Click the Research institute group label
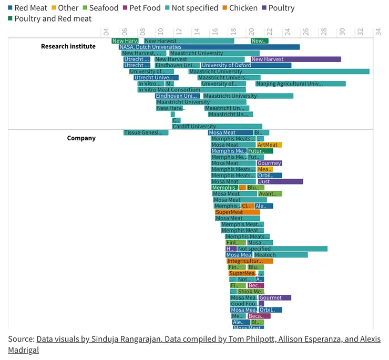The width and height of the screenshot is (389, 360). pos(68,46)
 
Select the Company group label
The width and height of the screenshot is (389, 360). pos(81,138)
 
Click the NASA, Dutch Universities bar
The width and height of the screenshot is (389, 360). pos(209,47)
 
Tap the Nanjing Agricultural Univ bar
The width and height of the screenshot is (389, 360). pos(300,84)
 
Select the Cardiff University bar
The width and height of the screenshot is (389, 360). pos(217,127)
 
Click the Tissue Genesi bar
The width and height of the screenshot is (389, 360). pos(146,132)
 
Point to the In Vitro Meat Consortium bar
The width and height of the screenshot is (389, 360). pos(191,90)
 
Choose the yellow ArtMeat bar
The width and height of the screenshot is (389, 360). pos(269,145)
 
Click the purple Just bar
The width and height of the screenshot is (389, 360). pos(280,182)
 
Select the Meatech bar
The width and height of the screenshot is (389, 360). pos(280,255)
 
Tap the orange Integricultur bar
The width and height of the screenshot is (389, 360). pos(250,261)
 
